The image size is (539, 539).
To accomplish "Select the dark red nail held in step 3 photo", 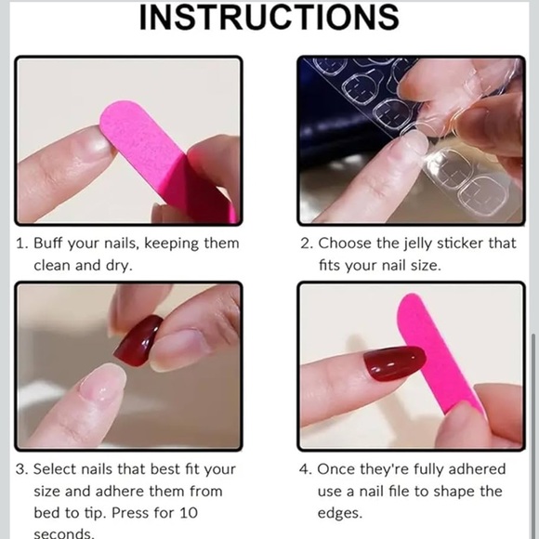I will [138, 340].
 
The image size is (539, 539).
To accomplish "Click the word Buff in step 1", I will [50, 243].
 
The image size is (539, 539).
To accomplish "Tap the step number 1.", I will [20, 243].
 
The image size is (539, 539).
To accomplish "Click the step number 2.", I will [305, 243].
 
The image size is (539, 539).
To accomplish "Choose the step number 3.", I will [20, 469].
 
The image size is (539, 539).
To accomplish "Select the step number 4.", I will [305, 469].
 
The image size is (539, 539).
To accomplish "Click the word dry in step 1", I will [116, 265].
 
